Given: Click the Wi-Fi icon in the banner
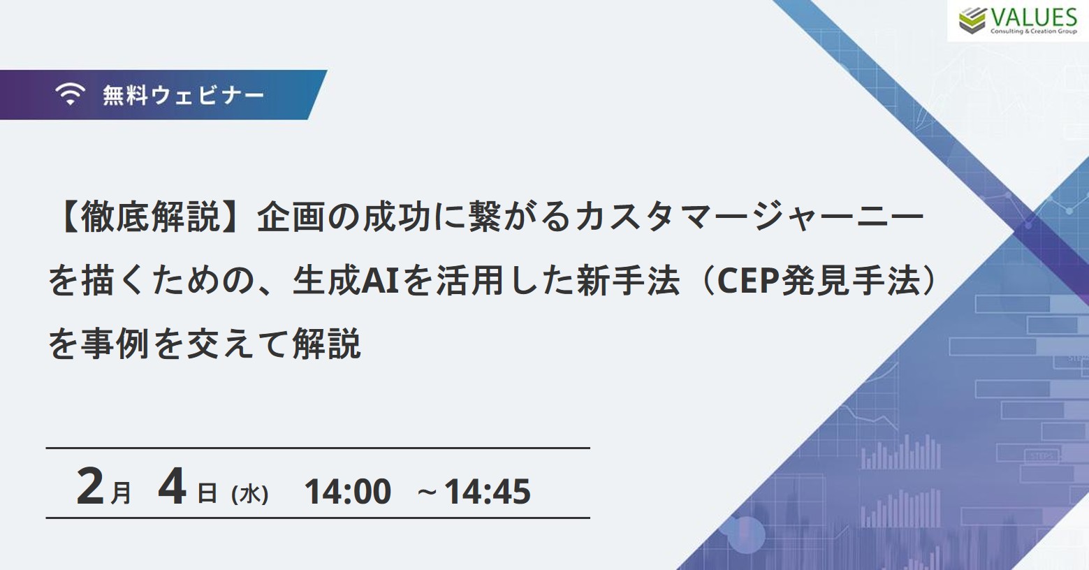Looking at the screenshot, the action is [70, 94].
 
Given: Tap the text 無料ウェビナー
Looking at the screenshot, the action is [184, 95].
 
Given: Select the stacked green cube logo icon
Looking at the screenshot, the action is [972, 21].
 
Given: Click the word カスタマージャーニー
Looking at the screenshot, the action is [750, 217].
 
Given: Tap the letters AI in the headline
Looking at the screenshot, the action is [380, 281].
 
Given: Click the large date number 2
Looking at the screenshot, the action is [90, 486].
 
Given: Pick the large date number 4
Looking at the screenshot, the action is [172, 486].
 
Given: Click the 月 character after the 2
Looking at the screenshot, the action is [121, 493].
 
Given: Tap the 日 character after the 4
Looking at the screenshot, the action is [207, 494].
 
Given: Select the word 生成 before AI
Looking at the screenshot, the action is [327, 281].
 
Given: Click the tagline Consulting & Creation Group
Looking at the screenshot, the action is [1034, 31].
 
